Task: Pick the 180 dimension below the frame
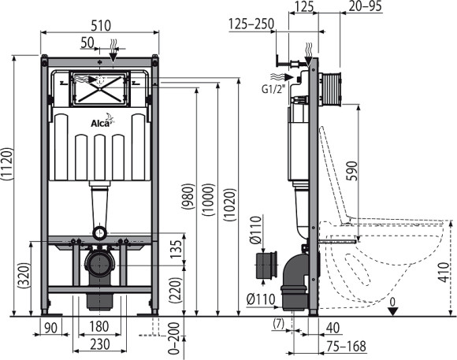point(99,327)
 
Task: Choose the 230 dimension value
point(99,345)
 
